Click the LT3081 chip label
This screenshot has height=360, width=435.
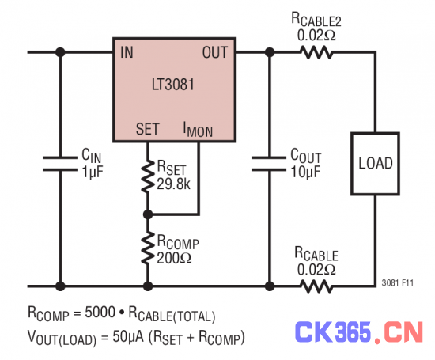[173, 85]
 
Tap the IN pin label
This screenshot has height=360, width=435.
[127, 52]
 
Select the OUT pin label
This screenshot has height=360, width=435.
[215, 52]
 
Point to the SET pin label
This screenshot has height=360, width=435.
[148, 129]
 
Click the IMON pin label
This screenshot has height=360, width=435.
[198, 130]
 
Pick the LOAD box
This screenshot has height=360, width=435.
[376, 164]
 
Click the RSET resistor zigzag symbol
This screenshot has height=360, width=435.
[148, 176]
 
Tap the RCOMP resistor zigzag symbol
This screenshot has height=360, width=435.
[148, 248]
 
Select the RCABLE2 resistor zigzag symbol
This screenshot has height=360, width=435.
[316, 52]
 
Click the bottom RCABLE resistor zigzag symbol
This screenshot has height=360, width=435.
[316, 286]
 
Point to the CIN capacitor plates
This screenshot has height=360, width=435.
[60, 164]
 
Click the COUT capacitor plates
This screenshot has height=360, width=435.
[269, 164]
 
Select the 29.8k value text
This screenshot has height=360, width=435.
[174, 184]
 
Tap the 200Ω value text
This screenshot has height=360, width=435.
[174, 258]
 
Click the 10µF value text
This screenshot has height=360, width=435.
[305, 172]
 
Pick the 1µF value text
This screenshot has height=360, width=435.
[93, 172]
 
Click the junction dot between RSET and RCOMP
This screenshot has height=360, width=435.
[148, 214]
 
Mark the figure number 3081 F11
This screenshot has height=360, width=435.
[398, 282]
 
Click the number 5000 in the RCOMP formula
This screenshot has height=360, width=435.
[100, 312]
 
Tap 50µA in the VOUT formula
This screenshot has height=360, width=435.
[128, 337]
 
